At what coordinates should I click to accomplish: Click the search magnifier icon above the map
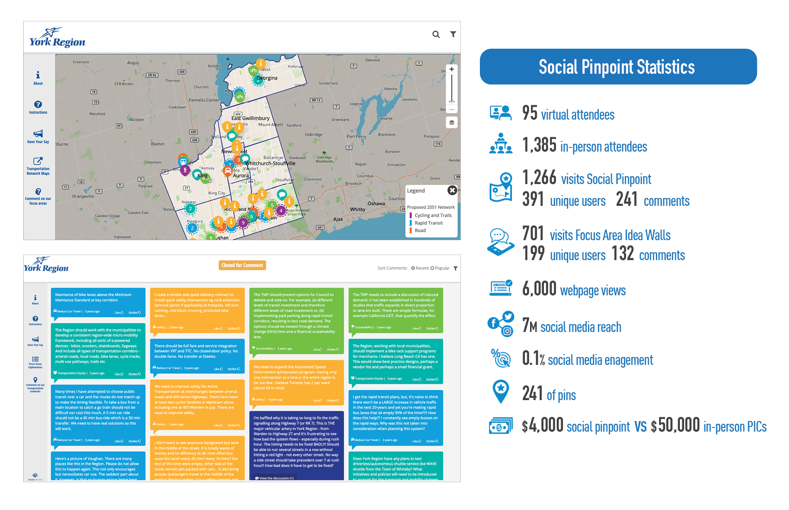(436, 34)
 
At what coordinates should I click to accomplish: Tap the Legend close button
(452, 191)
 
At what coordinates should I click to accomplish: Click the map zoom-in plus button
(452, 70)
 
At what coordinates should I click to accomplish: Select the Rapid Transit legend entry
(428, 223)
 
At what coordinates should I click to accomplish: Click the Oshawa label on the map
(376, 204)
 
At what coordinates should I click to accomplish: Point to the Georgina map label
(267, 78)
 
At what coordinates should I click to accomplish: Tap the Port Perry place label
(356, 137)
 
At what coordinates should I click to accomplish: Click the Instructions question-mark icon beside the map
(38, 105)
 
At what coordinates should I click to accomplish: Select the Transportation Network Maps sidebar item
(38, 165)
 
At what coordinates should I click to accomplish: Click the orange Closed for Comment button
(242, 265)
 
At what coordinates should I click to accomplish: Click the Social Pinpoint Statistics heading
(617, 67)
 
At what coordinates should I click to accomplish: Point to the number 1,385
(539, 145)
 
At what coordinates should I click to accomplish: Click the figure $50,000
(675, 425)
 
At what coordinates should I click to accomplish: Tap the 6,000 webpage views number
(539, 289)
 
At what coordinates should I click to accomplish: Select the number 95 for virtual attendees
(530, 113)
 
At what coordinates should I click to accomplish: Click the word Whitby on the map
(358, 210)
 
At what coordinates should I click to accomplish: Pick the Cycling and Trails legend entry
(433, 216)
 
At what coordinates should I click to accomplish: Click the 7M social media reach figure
(530, 325)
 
